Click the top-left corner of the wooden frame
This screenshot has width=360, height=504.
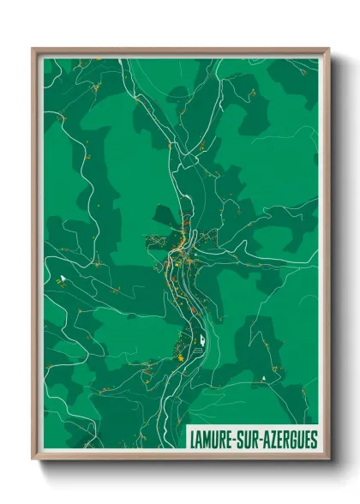pyautogui.click(x=33, y=49)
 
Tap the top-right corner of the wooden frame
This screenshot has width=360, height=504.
pyautogui.click(x=328, y=49)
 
